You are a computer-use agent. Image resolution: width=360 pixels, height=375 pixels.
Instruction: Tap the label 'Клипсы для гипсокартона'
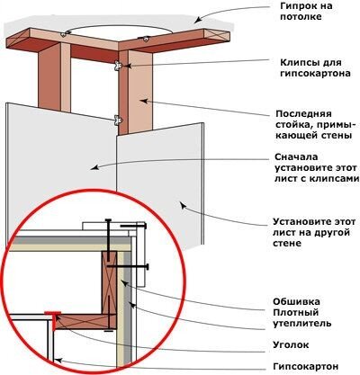coord(315,68)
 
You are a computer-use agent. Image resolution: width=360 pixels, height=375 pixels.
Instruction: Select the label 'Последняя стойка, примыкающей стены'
coord(314,125)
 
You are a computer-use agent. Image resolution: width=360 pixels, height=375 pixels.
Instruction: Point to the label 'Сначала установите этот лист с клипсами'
coord(317,168)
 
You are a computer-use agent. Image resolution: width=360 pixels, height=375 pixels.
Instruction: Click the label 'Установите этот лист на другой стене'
coord(314,233)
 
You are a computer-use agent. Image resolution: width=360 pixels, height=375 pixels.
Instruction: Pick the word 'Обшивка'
coord(296,301)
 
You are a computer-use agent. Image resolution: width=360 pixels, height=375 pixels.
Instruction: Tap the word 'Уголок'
coord(291,344)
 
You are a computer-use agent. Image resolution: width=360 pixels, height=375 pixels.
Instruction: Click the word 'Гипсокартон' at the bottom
coord(306,366)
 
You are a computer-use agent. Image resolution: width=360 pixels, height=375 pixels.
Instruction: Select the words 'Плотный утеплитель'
coord(301,318)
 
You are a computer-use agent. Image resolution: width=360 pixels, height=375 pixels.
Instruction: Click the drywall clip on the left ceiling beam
coord(63,34)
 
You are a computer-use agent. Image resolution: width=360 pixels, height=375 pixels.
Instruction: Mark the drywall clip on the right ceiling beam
coord(146,39)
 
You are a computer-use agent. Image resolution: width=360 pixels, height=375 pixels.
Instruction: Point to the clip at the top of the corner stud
coord(118,66)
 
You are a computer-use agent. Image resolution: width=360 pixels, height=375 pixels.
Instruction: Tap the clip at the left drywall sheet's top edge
coord(119,121)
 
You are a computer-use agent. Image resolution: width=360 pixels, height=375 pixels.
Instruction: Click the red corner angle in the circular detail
coord(53,319)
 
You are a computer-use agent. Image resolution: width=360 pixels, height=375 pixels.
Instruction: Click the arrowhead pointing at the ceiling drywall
coord(197,21)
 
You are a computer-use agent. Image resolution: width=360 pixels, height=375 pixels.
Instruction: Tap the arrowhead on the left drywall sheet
coord(94,167)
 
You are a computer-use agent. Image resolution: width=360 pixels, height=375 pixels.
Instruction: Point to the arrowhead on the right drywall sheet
coord(183,205)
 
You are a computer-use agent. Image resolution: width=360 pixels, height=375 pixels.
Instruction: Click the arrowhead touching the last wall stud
coord(144,101)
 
